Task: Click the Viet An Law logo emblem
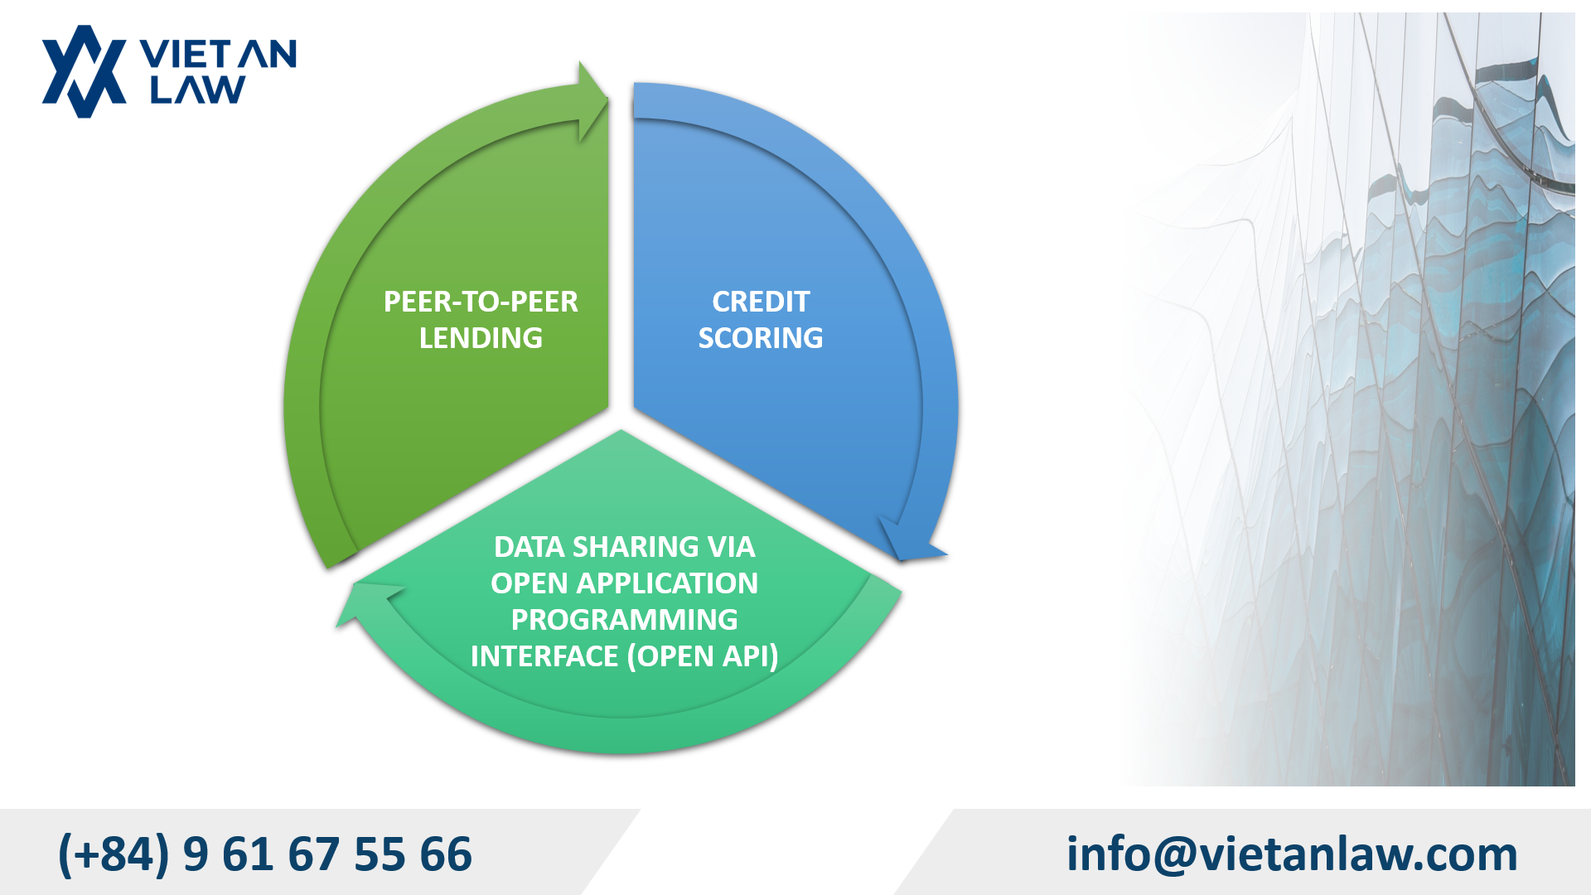(x=84, y=71)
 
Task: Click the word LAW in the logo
(x=197, y=89)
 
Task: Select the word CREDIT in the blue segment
(x=761, y=302)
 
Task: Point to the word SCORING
(x=761, y=338)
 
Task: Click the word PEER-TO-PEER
(x=481, y=302)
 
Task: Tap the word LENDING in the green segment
(x=481, y=338)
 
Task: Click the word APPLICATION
(x=667, y=583)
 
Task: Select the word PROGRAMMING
(x=624, y=620)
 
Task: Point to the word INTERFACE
(x=544, y=656)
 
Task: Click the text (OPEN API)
(x=703, y=656)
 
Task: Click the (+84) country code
(x=114, y=854)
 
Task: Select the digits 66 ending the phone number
(x=446, y=854)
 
